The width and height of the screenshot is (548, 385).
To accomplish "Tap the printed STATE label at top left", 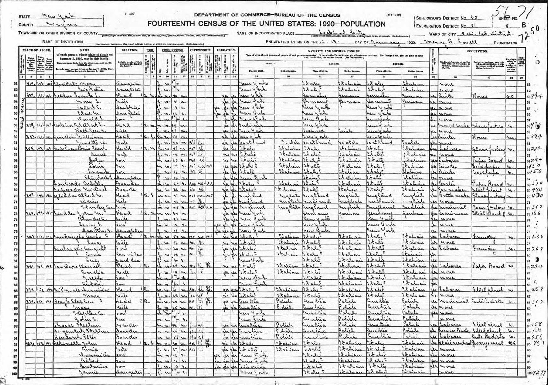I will pyautogui.click(x=25, y=17).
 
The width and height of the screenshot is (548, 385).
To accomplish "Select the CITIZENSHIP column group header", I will pyautogui.click(x=201, y=51).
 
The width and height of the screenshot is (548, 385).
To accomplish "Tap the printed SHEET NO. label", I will pyautogui.click(x=508, y=18).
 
